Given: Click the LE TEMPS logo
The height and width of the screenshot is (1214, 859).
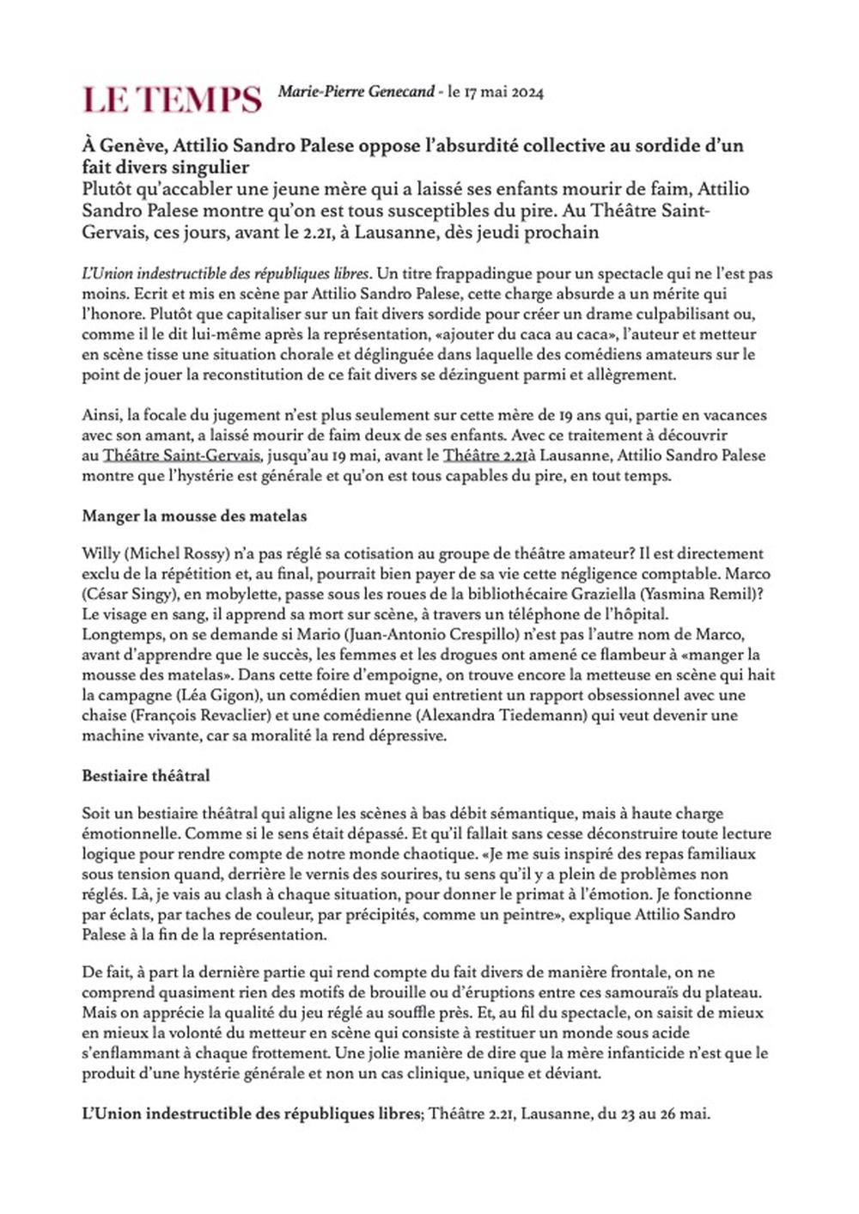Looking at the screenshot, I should point(172,99).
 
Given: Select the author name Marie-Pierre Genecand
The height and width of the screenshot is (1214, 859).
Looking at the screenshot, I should point(356,92).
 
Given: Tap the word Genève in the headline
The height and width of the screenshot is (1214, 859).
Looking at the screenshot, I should point(130,145).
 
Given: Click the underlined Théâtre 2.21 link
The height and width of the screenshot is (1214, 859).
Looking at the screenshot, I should point(485,455).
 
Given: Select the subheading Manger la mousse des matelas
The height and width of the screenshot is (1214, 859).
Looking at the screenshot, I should point(194,516).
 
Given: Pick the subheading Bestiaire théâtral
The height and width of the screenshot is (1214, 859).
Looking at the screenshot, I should point(146,776).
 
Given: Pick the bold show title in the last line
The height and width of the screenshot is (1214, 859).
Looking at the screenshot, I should point(250,1114).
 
